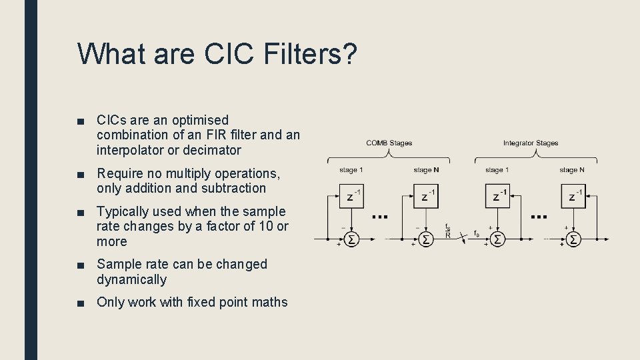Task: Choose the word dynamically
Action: pyautogui.click(x=131, y=279)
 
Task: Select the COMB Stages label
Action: pyautogui.click(x=389, y=143)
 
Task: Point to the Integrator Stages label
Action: pyautogui.click(x=531, y=143)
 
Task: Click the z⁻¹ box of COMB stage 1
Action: pyautogui.click(x=353, y=195)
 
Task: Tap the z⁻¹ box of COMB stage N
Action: pyautogui.click(x=427, y=195)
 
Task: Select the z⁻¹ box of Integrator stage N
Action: pyautogui.click(x=574, y=195)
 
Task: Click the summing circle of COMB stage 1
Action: pyautogui.click(x=351, y=238)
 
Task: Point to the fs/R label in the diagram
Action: pyautogui.click(x=448, y=231)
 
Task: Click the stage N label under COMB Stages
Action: pyautogui.click(x=426, y=170)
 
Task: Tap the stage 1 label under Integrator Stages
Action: pyautogui.click(x=498, y=170)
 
